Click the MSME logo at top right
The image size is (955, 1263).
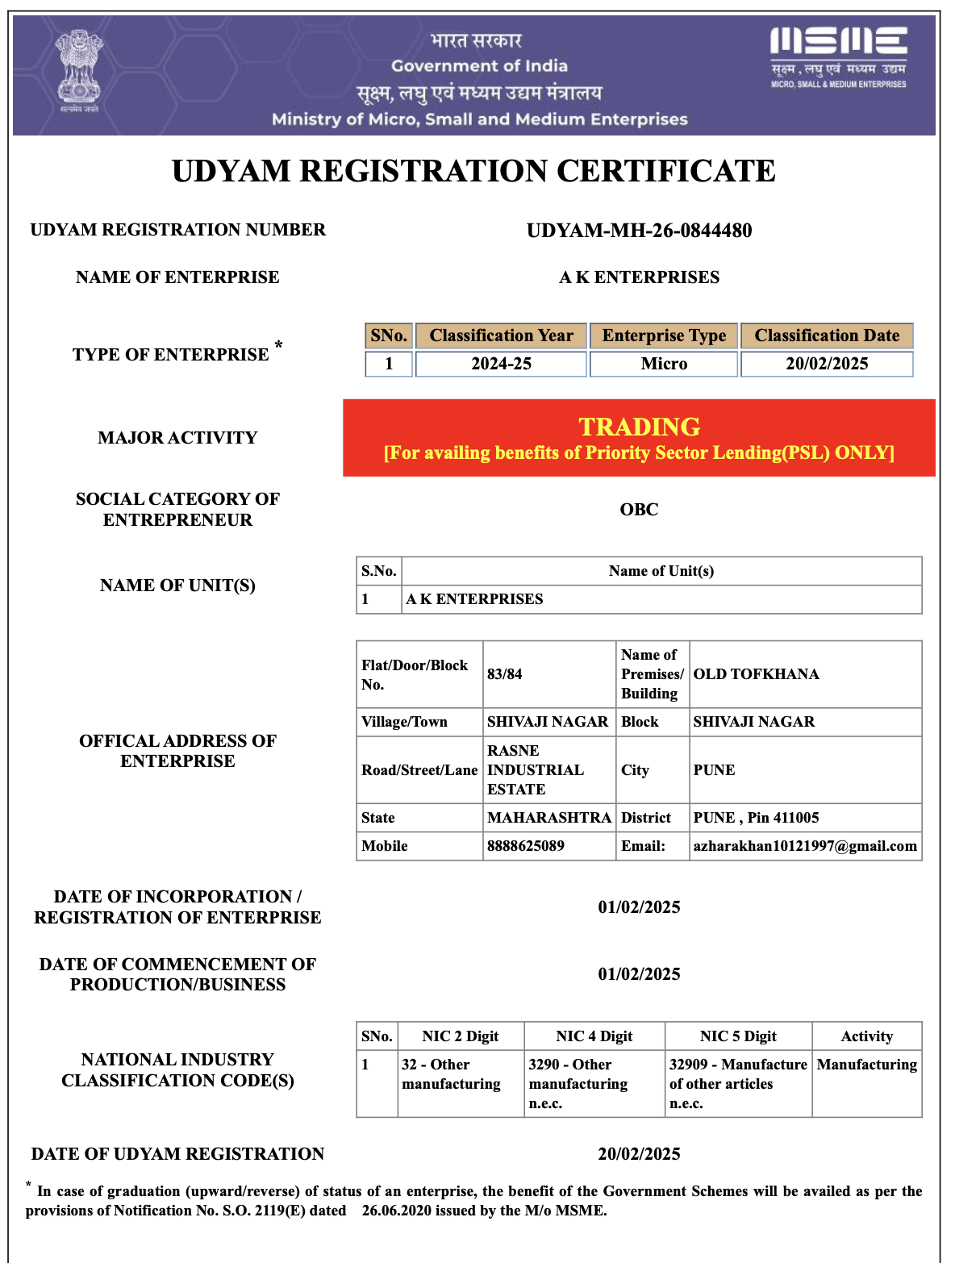pyautogui.click(x=838, y=56)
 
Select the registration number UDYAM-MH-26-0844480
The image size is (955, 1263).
pyautogui.click(x=639, y=231)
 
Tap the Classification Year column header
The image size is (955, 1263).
pyautogui.click(x=501, y=336)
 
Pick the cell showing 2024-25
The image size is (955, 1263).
pyautogui.click(x=501, y=364)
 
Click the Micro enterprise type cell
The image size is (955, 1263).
pyautogui.click(x=664, y=364)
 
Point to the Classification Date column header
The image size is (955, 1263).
pyautogui.click(x=827, y=336)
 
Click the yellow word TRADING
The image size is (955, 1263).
pyautogui.click(x=639, y=427)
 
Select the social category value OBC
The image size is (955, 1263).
pyautogui.click(x=639, y=510)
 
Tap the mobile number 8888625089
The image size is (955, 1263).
pyautogui.click(x=526, y=846)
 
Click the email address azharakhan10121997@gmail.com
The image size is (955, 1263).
pyautogui.click(x=805, y=846)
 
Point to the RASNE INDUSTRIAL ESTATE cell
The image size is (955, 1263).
pyautogui.click(x=536, y=770)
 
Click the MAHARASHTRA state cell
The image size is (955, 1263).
pyautogui.click(x=549, y=818)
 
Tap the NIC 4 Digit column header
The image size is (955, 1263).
pyautogui.click(x=594, y=1036)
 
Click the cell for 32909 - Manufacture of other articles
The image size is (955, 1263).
pyautogui.click(x=737, y=1084)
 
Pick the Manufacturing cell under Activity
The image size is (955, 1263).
pyautogui.click(x=867, y=1065)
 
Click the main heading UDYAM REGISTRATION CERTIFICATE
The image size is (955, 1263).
pyautogui.click(x=473, y=171)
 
